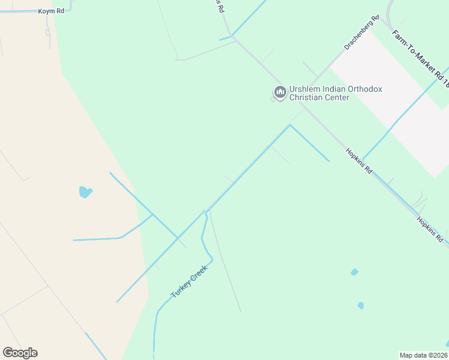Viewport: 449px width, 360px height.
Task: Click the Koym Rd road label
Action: coord(50,11)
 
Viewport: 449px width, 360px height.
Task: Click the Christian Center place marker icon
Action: coord(279,92)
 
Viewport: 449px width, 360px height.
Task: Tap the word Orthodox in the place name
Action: coord(365,89)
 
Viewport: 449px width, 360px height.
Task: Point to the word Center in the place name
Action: coord(336,97)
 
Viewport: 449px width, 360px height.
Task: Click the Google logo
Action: coord(20,352)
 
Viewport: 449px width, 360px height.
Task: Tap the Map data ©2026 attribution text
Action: coord(423,355)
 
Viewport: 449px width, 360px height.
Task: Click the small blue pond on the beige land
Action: coord(86,192)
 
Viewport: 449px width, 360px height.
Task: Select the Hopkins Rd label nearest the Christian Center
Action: coord(359,161)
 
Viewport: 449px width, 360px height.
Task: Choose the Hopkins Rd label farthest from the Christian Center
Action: coord(430,229)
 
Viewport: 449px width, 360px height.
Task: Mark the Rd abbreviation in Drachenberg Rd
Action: coord(376,19)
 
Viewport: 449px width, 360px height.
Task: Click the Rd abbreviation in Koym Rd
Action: coord(59,11)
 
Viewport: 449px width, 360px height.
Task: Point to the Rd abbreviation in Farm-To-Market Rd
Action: coord(441,76)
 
